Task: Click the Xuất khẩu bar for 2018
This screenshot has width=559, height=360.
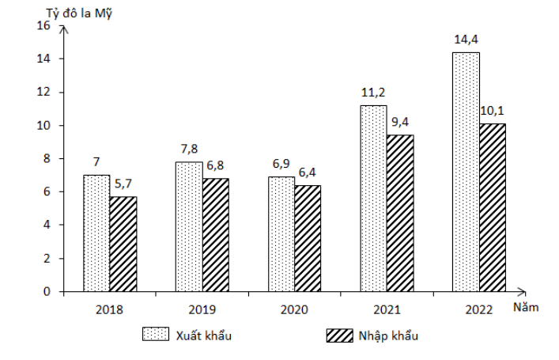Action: [96, 233]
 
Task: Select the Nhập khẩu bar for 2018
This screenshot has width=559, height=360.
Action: [123, 244]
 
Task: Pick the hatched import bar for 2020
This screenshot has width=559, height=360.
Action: [308, 238]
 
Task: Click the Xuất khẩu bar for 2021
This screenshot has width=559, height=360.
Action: [373, 198]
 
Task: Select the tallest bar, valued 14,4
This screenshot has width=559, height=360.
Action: [466, 172]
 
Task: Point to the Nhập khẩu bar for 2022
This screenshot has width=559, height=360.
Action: [493, 207]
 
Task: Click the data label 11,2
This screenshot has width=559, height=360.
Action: [373, 93]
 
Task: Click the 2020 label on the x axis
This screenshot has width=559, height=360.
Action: [294, 309]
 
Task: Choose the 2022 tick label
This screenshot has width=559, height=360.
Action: [478, 309]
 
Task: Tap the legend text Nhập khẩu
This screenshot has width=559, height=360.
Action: [387, 335]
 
